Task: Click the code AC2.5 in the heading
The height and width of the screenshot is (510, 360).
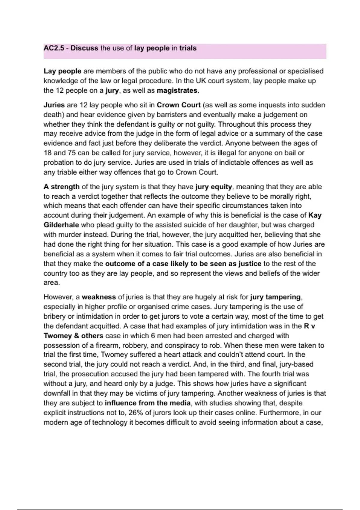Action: pos(54,48)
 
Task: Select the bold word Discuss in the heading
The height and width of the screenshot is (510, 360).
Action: pos(84,48)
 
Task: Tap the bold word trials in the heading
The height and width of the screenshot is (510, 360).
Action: pos(188,48)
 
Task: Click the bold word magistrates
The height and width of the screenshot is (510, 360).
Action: pos(177,91)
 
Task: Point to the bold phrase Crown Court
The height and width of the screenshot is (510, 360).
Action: pos(178,105)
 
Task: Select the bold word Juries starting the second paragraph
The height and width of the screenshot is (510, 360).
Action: pos(54,105)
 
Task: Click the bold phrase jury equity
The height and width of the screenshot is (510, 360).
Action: pos(213,187)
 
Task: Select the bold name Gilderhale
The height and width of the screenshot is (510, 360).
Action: pos(61,225)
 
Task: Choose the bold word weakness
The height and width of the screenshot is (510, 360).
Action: pos(99,297)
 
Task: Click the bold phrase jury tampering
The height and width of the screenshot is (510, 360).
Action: pos(275,297)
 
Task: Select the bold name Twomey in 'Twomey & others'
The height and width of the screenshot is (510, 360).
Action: pos(57,336)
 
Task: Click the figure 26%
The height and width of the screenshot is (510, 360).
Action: pos(136,413)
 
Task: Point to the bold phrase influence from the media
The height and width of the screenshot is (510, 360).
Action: pos(148,403)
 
